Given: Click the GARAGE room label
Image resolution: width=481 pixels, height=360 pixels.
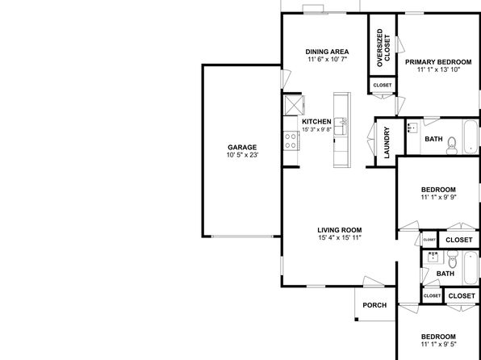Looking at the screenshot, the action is tap(242, 148).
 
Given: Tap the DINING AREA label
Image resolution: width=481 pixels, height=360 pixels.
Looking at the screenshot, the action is tap(327, 52).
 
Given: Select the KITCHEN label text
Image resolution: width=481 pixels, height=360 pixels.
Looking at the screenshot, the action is tap(316, 122).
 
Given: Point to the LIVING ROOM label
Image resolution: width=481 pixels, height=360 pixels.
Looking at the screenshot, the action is tap(340, 230).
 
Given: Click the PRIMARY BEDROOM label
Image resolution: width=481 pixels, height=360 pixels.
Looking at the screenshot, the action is tap(438, 62).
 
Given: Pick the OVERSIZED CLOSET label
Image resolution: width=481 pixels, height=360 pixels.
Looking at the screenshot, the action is tap(383, 48).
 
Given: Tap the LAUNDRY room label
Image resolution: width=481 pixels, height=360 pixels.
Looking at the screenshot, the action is tap(387, 142).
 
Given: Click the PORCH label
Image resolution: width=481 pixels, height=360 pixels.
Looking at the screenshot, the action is tap(374, 305).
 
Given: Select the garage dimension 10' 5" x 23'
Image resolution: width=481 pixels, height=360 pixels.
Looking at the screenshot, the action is tap(242, 155).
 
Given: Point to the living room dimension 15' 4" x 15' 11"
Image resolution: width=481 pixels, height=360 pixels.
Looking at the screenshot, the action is tap(340, 237).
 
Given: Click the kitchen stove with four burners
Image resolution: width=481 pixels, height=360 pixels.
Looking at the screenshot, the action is tap(291, 140).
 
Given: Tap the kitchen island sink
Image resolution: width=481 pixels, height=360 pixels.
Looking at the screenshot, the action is tap(341, 126).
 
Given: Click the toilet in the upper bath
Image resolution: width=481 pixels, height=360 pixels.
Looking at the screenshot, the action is tap(452, 146).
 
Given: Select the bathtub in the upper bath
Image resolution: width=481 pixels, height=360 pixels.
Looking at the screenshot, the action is tap(471, 136).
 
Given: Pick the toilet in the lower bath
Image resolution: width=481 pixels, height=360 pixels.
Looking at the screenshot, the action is tap(453, 259).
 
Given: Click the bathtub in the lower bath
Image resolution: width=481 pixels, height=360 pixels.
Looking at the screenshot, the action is tap(471, 268).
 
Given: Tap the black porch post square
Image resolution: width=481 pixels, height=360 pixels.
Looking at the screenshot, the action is tap(357, 320).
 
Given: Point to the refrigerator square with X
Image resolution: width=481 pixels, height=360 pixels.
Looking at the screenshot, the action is tap(293, 105).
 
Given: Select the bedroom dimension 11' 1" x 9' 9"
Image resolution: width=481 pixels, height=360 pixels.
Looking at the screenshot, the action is tap(439, 197).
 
